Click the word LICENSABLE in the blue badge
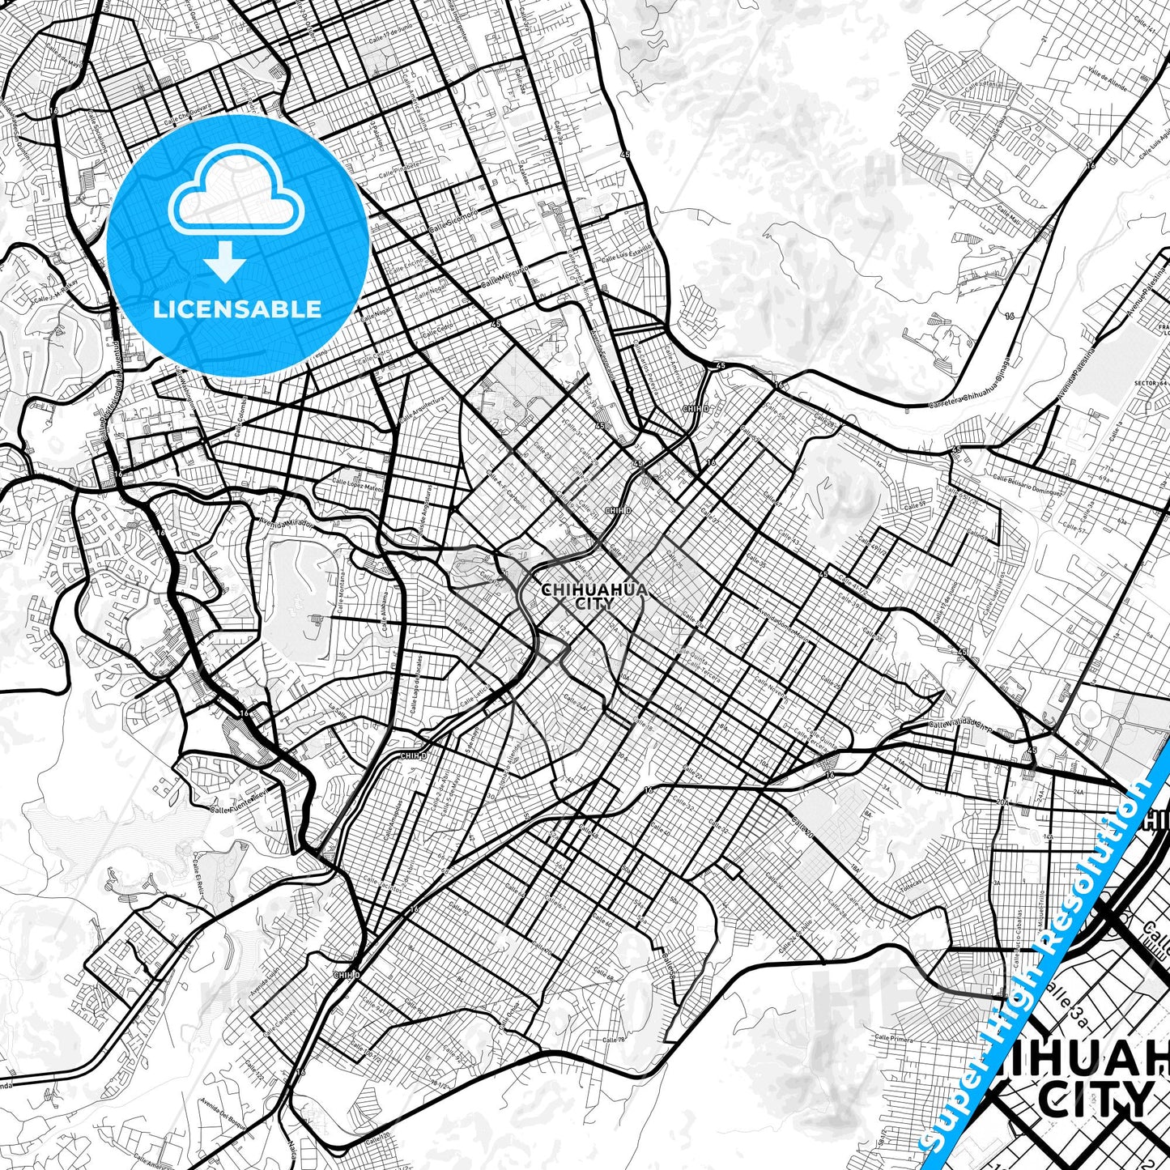(237, 309)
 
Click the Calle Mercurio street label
(504, 277)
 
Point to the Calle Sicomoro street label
(453, 219)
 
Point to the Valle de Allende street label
(1109, 78)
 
